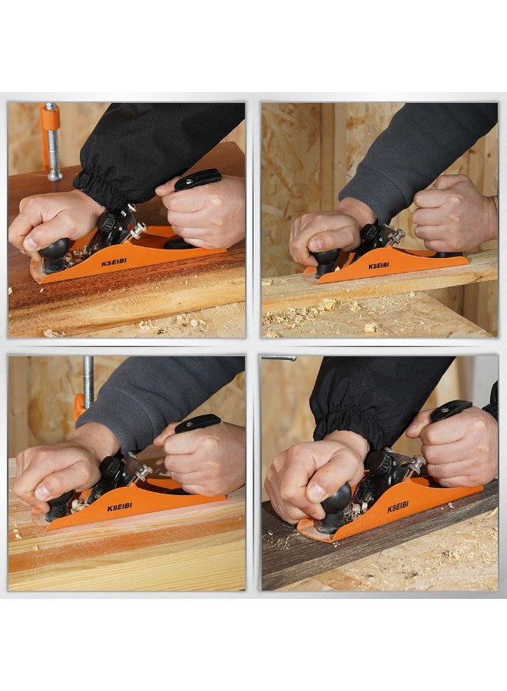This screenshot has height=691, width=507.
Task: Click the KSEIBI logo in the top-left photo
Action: coord(114,263)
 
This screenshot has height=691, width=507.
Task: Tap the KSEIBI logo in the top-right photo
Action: coord(379,266)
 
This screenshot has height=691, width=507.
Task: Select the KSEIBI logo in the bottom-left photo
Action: coord(119,507)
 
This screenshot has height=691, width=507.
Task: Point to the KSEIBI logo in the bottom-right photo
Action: coord(398,508)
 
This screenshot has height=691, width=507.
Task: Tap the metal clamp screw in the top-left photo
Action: coord(54,157)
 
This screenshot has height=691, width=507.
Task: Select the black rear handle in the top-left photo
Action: coord(197,179)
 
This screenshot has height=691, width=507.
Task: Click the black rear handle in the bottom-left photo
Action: coord(197,422)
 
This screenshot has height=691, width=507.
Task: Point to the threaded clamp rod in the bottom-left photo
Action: coord(88,379)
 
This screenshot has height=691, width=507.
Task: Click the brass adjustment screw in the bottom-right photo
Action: coord(416,464)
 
